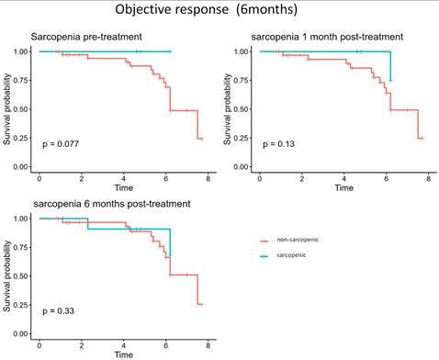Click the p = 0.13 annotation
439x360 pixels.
[281, 144]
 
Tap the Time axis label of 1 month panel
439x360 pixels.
[343, 186]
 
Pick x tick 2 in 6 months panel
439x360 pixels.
[81, 343]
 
